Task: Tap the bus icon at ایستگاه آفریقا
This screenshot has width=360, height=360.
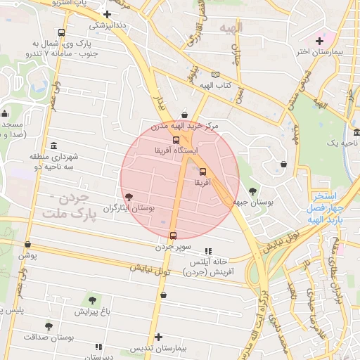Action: point(176,140)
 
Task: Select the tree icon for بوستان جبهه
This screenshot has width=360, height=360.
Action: point(252,190)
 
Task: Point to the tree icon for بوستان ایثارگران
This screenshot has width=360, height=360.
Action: point(128,197)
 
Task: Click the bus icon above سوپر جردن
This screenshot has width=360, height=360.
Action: point(174,236)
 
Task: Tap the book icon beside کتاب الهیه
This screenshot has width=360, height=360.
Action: point(215,75)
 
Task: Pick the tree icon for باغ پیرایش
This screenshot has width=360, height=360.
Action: point(92,300)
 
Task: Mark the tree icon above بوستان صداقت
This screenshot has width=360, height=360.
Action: point(49,326)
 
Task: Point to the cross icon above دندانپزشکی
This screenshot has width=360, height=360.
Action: point(107,14)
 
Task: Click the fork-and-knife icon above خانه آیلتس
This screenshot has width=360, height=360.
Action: point(207,251)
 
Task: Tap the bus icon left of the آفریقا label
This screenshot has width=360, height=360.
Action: point(203,172)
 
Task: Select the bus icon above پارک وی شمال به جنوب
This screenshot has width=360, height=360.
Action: point(62,32)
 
